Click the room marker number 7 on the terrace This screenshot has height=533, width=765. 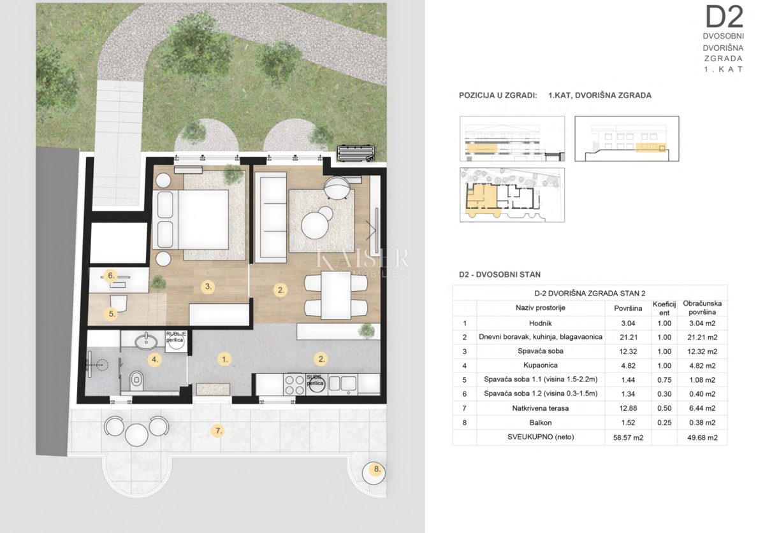click(x=218, y=431)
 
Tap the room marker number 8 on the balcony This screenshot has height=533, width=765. click(x=377, y=471)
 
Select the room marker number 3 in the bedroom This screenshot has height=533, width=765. click(x=207, y=287)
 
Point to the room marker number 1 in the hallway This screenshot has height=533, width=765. click(x=224, y=359)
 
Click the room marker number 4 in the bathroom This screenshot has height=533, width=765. click(x=154, y=359)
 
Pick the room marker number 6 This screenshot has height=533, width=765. click(x=111, y=276)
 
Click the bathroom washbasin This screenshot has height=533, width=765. click(x=143, y=341)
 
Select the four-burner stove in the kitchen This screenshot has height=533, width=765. click(x=294, y=384)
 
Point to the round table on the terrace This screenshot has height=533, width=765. click(x=136, y=435)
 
